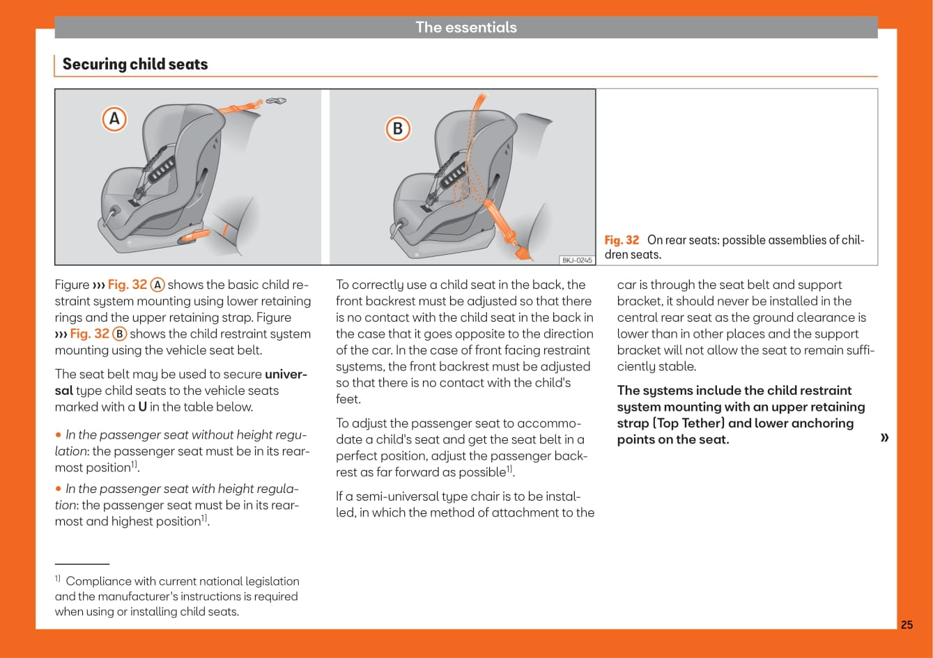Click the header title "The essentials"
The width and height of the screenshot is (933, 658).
click(x=466, y=27)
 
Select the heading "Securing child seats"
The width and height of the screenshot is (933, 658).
click(x=135, y=64)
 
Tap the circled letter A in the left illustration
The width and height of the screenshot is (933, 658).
click(x=115, y=119)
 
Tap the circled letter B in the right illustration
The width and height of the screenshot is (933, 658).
click(x=398, y=129)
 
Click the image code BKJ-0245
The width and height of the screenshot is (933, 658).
click(x=577, y=260)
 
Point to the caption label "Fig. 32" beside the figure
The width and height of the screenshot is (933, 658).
click(x=622, y=240)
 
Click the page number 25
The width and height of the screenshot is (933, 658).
click(x=907, y=625)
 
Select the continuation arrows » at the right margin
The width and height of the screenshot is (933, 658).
click(x=885, y=437)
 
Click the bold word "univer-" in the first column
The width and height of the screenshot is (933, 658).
click(x=286, y=375)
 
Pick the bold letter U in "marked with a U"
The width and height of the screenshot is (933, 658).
click(x=142, y=407)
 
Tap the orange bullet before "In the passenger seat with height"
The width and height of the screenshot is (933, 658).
click(x=59, y=489)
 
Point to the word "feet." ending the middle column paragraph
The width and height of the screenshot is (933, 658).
click(x=348, y=400)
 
